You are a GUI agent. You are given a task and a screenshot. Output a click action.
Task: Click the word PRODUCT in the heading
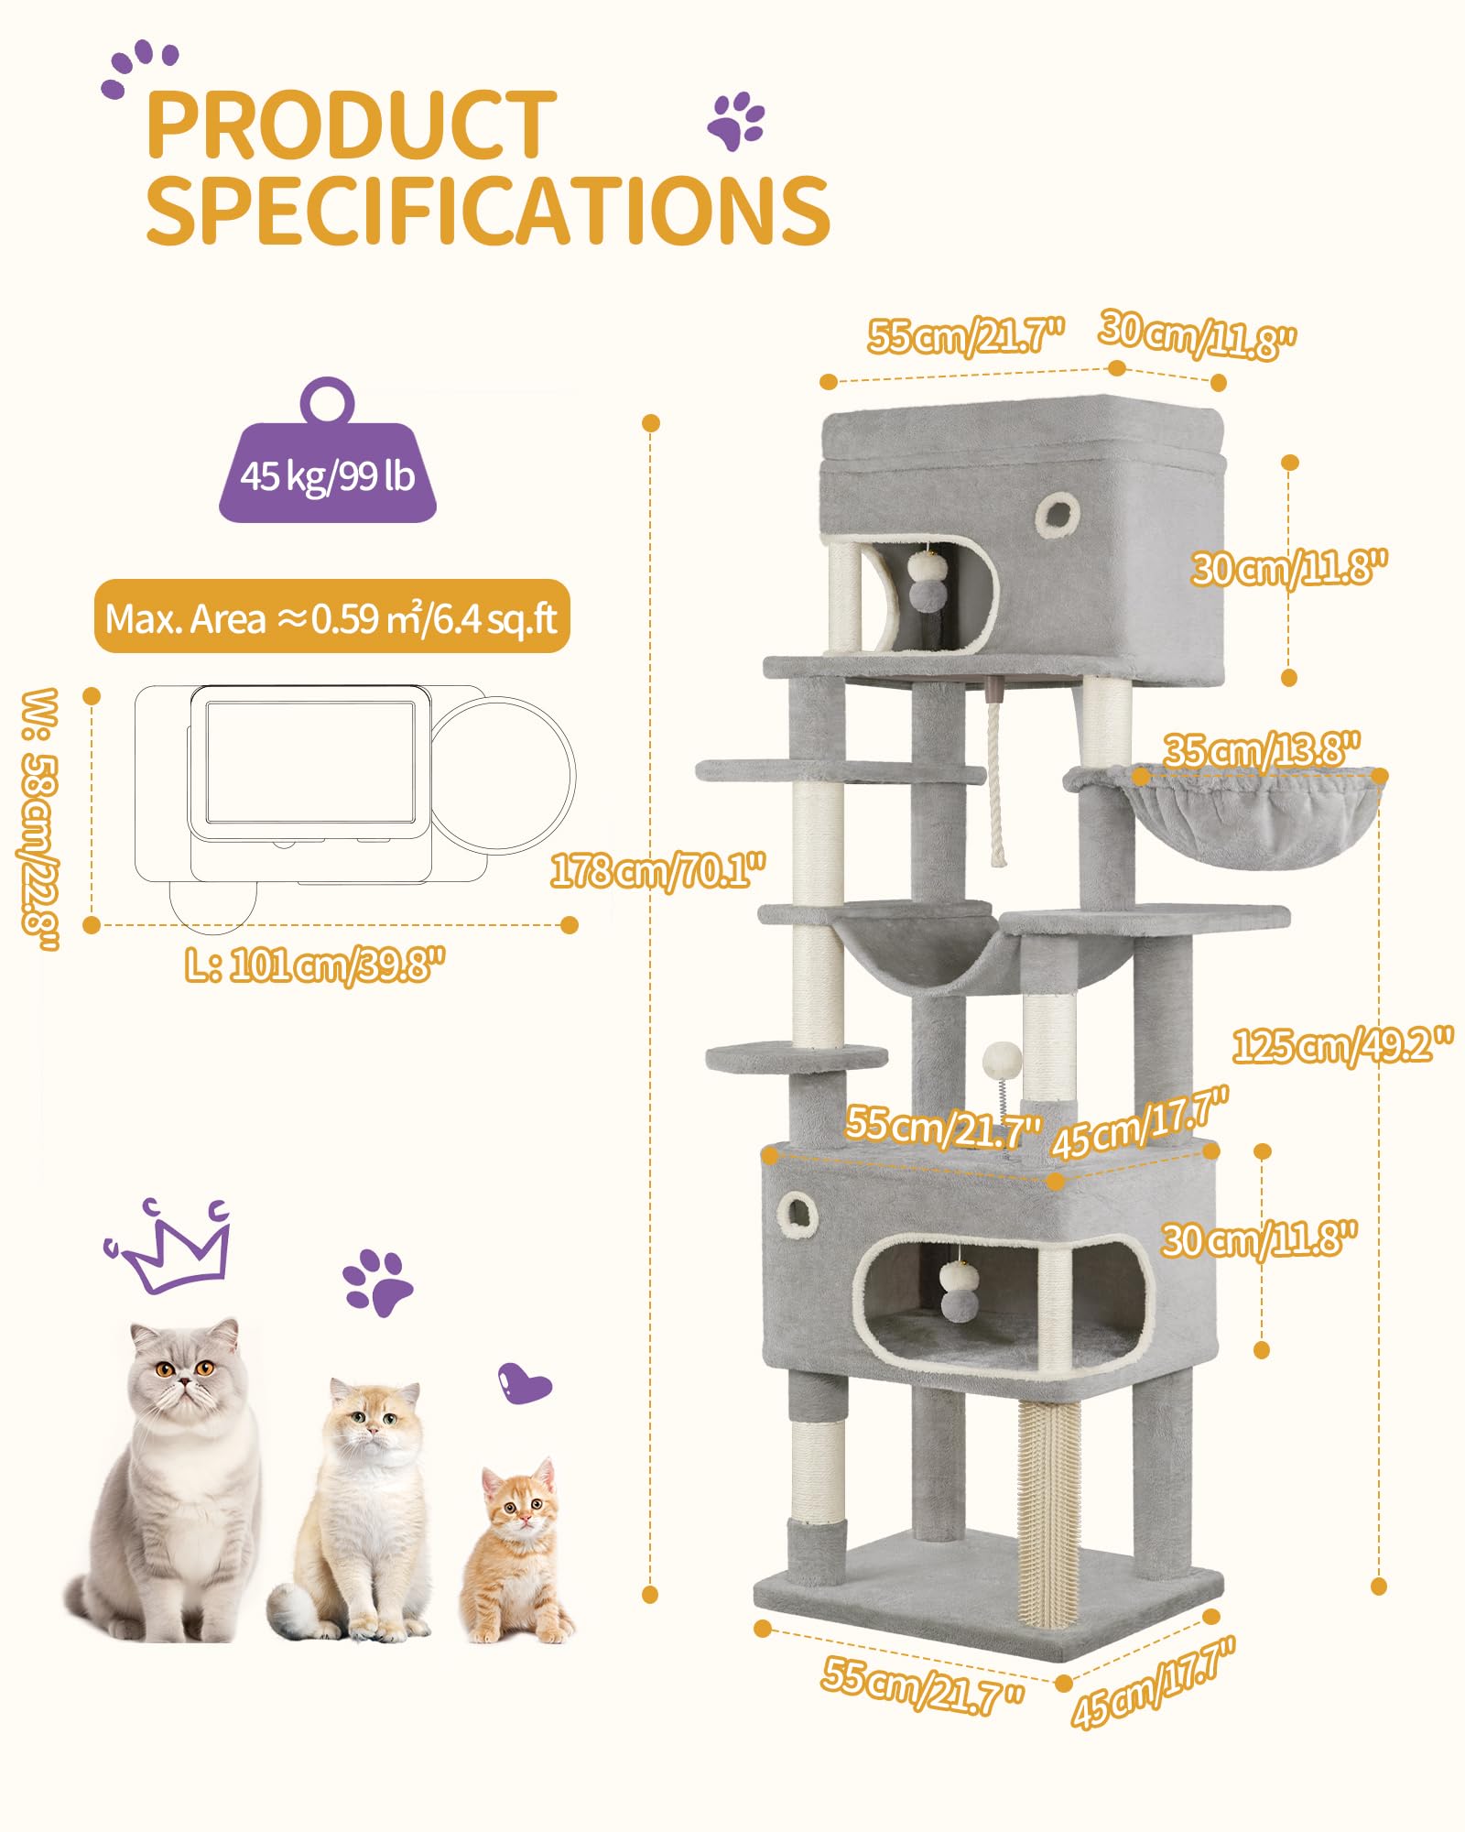[351, 125]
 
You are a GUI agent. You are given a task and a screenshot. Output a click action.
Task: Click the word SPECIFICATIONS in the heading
[488, 210]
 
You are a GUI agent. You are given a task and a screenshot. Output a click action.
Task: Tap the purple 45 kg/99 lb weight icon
[328, 451]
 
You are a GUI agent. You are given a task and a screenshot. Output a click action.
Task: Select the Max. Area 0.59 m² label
[331, 617]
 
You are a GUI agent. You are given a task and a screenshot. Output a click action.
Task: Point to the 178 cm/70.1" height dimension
[657, 870]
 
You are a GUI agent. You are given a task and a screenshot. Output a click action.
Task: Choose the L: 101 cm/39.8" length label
[315, 965]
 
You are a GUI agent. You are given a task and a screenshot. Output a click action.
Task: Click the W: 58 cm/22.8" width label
[40, 819]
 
